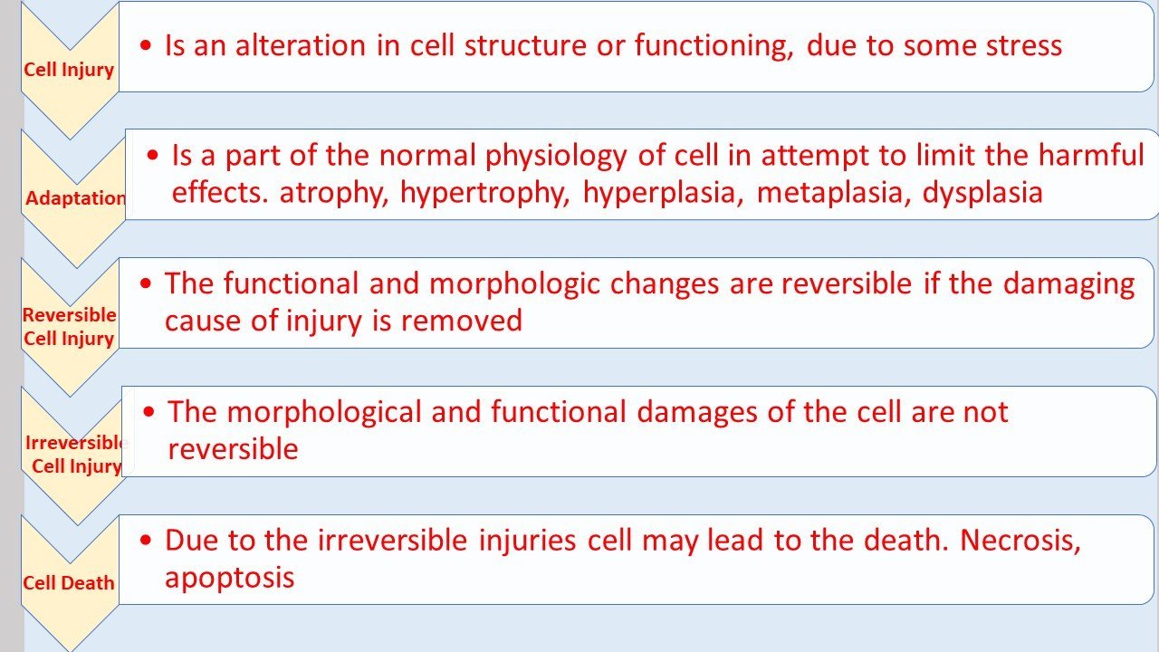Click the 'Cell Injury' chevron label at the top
click(69, 70)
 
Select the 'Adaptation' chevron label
click(76, 198)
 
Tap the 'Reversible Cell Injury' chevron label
click(69, 327)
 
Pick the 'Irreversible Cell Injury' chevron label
click(76, 455)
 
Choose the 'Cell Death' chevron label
click(69, 583)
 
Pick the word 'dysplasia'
click(982, 193)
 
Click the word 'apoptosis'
click(229, 578)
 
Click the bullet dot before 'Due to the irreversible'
click(147, 542)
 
